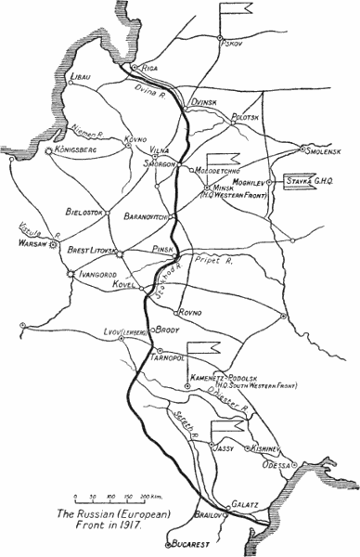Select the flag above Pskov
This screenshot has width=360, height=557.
pyautogui.click(x=234, y=12)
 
